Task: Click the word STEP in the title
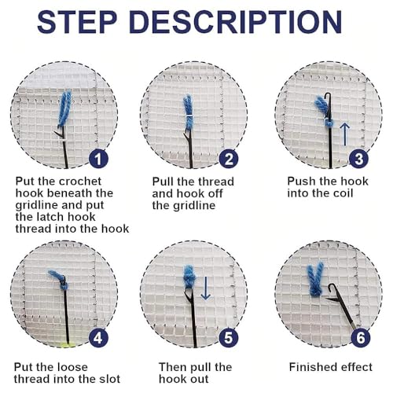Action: pos(77,22)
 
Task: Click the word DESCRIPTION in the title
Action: pos(236,22)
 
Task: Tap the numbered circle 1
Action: pos(98,159)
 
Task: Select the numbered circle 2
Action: pos(229,159)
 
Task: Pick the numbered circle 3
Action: pos(358,159)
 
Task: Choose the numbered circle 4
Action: pos(98,338)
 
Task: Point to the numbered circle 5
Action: pos(229,338)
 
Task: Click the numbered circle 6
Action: pos(361,338)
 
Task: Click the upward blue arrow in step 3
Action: pos(345,134)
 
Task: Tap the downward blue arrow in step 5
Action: pos(206,288)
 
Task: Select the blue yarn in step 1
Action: pos(64,108)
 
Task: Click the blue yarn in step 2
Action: pos(188,112)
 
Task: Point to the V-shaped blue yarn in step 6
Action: pos(315,279)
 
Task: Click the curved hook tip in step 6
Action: pos(330,287)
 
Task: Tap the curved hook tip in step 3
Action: pos(327,95)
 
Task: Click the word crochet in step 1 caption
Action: pos(80,182)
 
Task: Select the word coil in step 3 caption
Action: pos(340,193)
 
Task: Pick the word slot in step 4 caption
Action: pos(108,379)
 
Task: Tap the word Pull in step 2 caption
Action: pos(163,182)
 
